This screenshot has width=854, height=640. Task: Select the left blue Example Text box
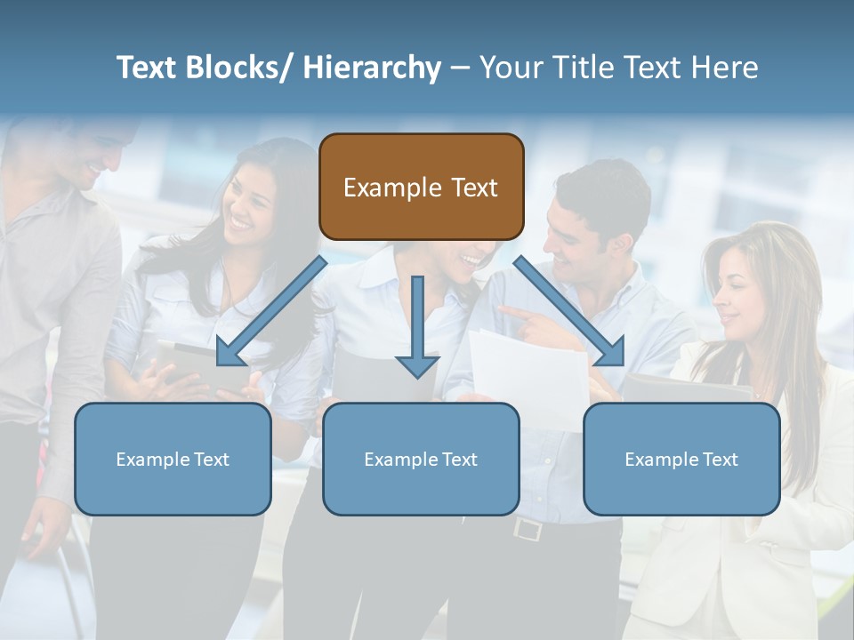coord(173,459)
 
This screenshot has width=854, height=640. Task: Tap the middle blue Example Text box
coord(421,459)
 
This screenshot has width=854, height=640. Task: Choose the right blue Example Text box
coord(681,459)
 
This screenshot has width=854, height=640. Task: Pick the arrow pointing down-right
coord(569,311)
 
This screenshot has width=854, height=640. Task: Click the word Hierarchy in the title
coord(372,68)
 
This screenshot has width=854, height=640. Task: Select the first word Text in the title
coord(144,68)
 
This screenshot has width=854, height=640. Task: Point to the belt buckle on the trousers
coord(527,530)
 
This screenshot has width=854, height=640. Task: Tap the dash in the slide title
coord(460,68)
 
